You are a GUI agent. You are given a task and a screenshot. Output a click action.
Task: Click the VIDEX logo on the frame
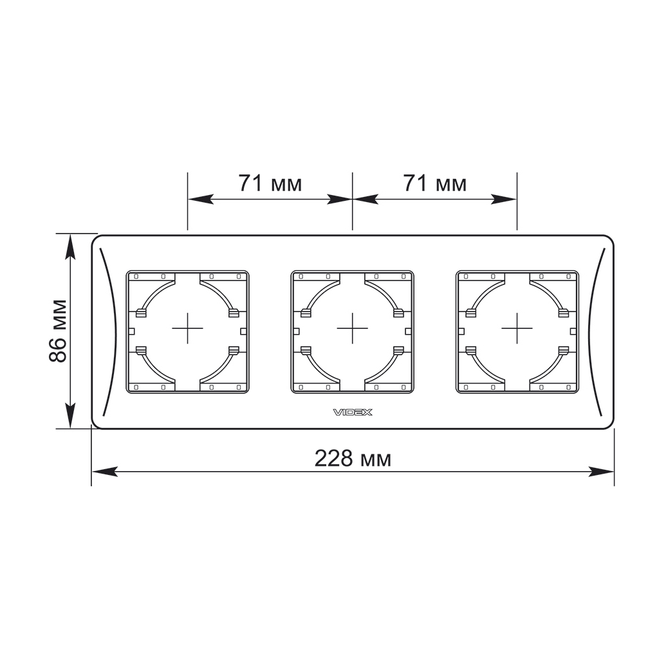pos(353,413)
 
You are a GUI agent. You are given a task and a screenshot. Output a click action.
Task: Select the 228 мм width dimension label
pos(353,458)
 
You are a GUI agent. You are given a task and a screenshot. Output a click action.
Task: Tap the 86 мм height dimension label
pos(58,331)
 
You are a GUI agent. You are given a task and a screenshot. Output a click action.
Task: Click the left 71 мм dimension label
pos(270,183)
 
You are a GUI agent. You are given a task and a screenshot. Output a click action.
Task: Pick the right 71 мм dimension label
pos(435,183)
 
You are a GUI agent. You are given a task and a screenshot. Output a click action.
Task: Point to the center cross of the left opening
pos(187,328)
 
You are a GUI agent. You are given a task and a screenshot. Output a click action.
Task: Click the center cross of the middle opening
pos(352,328)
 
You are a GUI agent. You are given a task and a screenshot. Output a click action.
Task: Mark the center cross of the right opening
pos(517,328)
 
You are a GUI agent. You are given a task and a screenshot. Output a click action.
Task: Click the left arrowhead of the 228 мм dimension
pos(104,472)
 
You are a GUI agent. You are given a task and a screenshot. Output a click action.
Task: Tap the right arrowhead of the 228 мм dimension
pos(602,472)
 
